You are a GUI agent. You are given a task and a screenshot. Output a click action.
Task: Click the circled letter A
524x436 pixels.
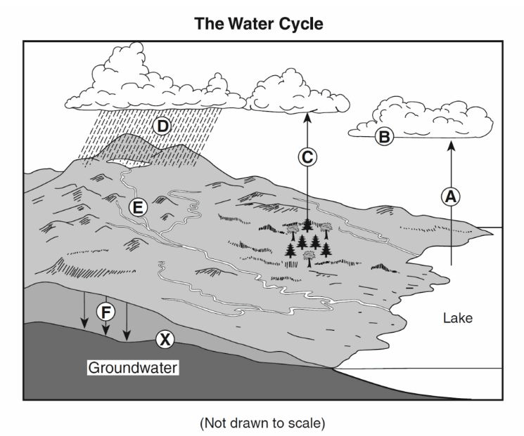pyautogui.click(x=451, y=197)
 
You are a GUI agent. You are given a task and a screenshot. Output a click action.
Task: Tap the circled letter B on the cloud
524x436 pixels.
pyautogui.click(x=384, y=137)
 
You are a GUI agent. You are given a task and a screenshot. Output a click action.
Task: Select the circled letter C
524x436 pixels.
pyautogui.click(x=307, y=157)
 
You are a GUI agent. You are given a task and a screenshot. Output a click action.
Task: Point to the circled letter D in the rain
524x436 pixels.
pyautogui.click(x=162, y=126)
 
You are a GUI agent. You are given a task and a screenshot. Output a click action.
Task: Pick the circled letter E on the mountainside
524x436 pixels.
pyautogui.click(x=138, y=208)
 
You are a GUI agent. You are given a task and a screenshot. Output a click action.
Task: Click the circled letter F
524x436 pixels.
pyautogui.click(x=106, y=312)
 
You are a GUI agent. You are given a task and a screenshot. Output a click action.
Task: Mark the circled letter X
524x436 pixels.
pyautogui.click(x=165, y=340)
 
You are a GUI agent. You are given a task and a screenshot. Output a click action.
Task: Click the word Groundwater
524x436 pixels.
pyautogui.click(x=133, y=368)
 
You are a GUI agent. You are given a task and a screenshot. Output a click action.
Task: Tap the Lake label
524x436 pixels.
pyautogui.click(x=458, y=318)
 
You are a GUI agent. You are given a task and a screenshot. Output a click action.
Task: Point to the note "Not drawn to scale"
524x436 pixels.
pyautogui.click(x=262, y=423)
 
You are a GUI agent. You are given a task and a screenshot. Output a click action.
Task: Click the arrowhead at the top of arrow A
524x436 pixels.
pyautogui.click(x=451, y=145)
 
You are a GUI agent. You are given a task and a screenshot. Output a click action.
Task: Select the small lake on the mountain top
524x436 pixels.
pyautogui.click(x=129, y=163)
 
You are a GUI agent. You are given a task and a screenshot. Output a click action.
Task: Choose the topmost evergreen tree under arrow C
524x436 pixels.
pyautogui.click(x=307, y=225)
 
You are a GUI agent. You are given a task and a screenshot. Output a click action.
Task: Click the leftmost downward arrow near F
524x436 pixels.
pyautogui.click(x=84, y=310)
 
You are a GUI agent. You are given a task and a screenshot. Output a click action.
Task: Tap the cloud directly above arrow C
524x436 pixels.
pyautogui.click(x=298, y=93)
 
